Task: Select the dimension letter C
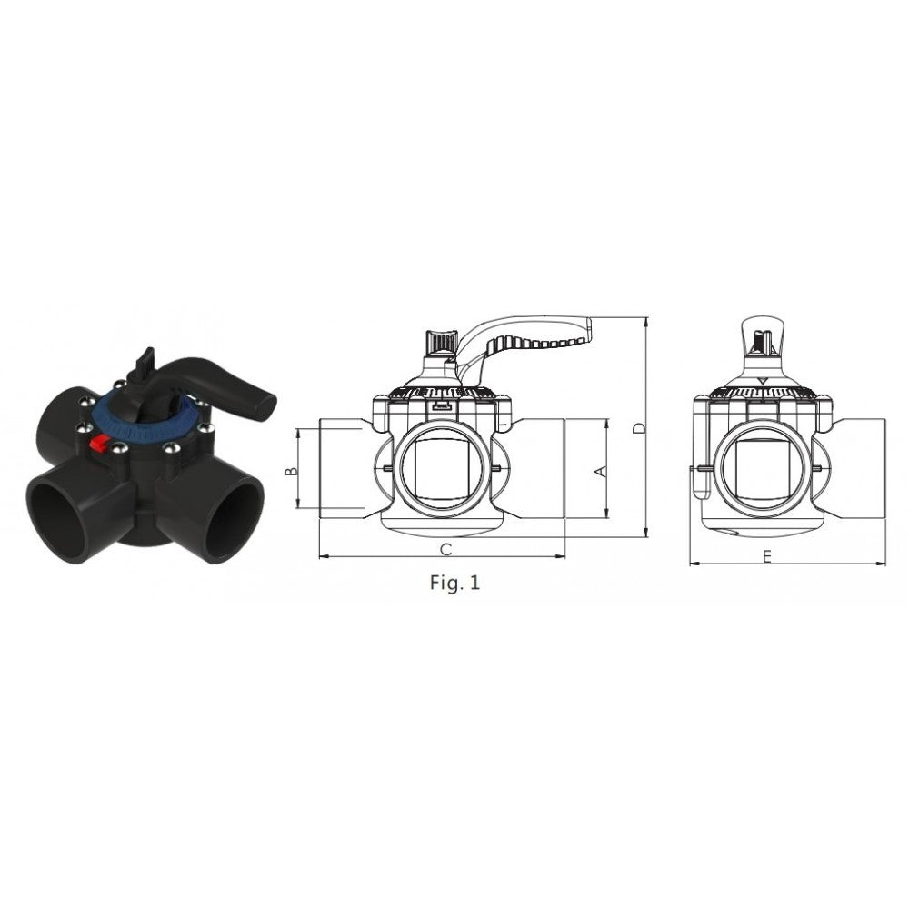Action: [445, 549]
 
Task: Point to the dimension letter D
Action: [638, 428]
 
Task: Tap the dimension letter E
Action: [767, 557]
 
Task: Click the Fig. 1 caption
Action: [455, 583]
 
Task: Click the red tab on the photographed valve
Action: [98, 443]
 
